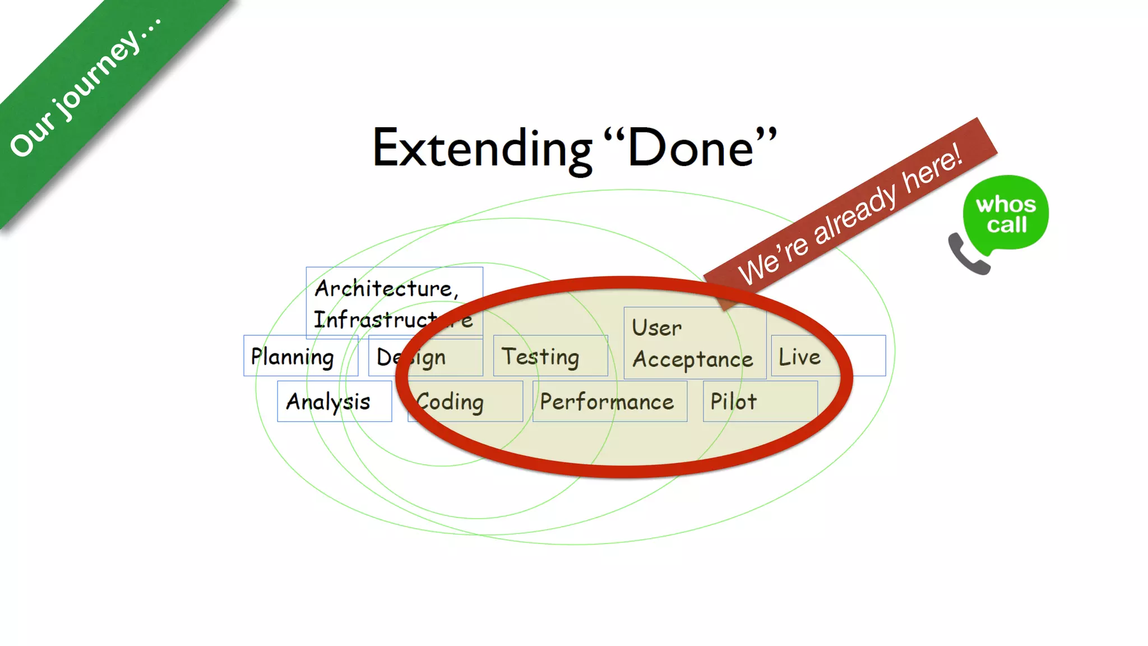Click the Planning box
300,356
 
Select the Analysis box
334,402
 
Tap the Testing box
550,356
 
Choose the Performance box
609,402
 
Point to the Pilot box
760,402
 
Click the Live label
799,357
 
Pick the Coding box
465,402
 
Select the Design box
425,357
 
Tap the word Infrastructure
392,320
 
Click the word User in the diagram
656,327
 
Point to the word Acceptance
692,359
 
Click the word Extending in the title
482,149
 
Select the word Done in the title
691,148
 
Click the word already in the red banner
855,215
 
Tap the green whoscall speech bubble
1006,213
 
